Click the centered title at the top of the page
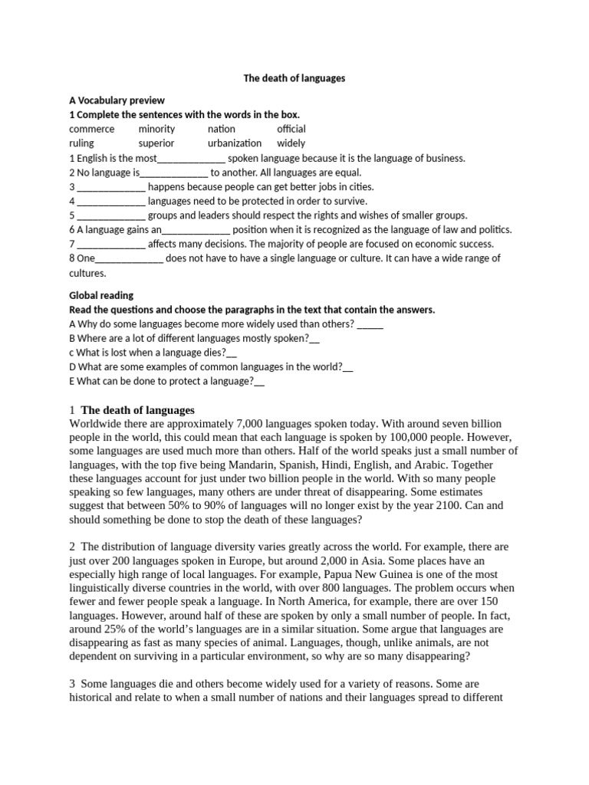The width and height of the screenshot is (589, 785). [x=294, y=78]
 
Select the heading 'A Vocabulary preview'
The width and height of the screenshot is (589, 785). [x=117, y=100]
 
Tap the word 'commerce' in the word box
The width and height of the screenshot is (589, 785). [x=92, y=129]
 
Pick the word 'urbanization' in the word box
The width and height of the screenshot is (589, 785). [x=235, y=143]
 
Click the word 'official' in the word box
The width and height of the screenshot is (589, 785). [x=291, y=129]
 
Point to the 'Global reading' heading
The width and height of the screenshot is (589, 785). [x=101, y=295]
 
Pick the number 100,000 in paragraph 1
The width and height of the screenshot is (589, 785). [x=426, y=437]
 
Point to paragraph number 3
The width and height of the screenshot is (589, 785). [x=72, y=684]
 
